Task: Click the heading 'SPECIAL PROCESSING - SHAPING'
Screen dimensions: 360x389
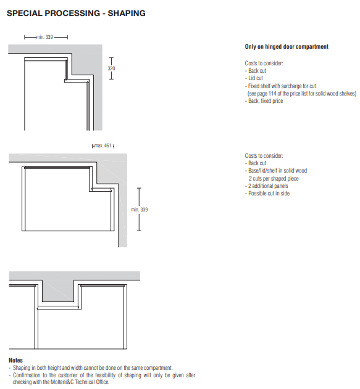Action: [x=76, y=13]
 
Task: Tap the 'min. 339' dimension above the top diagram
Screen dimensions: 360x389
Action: [x=44, y=37]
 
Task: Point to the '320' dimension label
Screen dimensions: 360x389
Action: [x=111, y=68]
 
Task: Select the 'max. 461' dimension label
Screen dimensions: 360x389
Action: [x=103, y=145]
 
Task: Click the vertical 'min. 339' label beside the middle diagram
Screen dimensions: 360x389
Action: [x=140, y=210]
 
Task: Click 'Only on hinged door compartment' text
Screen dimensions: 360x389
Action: [x=287, y=47]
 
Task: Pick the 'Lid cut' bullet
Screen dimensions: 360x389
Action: [x=254, y=78]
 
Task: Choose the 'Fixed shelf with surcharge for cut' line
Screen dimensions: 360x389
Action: [x=280, y=86]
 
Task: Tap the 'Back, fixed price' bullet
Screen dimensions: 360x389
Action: [x=264, y=101]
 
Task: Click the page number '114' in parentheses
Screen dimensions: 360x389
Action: [x=272, y=94]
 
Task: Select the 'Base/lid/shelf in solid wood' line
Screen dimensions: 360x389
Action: [x=276, y=171]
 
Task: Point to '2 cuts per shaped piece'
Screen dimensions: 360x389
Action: [x=274, y=179]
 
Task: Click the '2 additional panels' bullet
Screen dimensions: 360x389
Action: [x=267, y=186]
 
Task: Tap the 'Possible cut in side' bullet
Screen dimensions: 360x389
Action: [x=267, y=194]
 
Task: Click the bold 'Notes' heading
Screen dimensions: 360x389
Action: [x=15, y=360]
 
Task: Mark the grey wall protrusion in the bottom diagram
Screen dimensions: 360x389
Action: [x=58, y=291]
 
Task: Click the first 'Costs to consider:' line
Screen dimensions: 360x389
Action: [x=264, y=63]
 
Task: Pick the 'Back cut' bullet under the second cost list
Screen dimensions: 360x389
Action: [x=256, y=163]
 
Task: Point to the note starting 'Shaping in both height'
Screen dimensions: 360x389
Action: [x=91, y=367]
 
